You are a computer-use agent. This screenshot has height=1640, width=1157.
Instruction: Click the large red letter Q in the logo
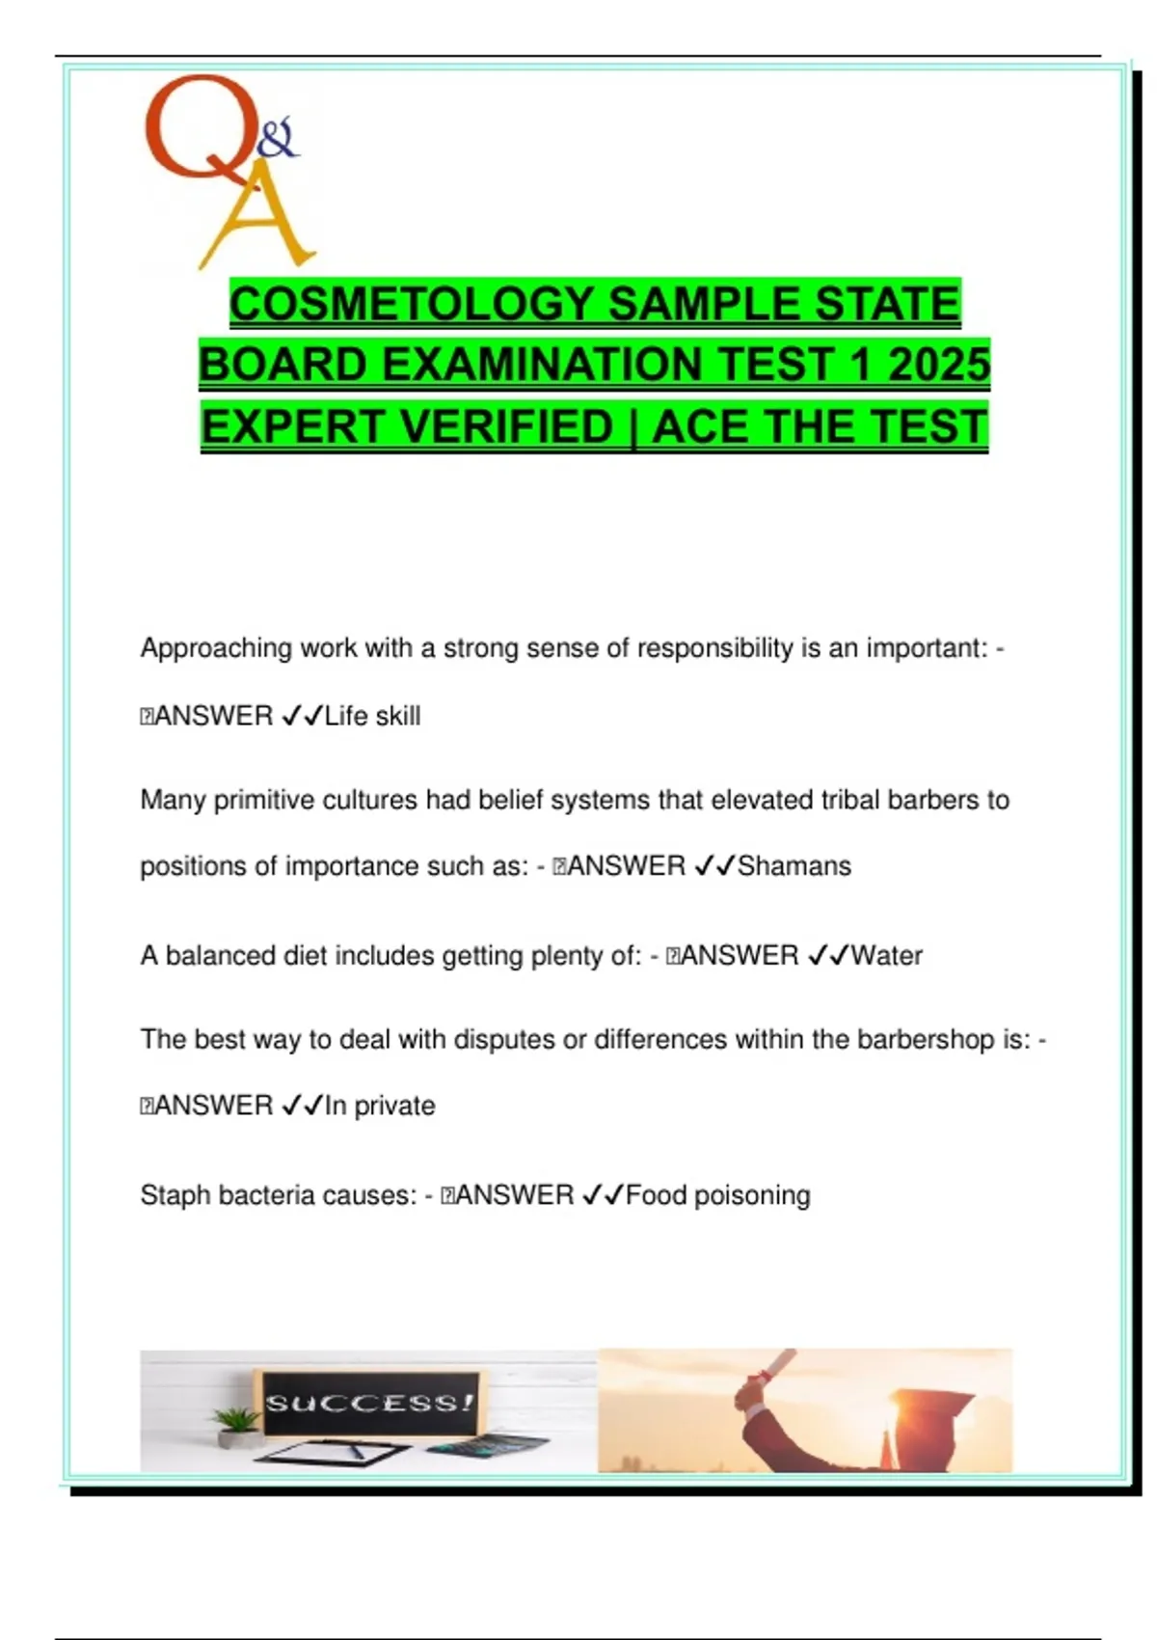193,130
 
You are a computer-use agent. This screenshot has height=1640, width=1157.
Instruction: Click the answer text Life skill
372,716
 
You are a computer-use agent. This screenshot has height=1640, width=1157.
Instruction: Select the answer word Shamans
794,866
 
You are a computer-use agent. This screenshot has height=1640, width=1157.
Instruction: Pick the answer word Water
887,956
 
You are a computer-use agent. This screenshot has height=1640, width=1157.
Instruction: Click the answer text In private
380,1106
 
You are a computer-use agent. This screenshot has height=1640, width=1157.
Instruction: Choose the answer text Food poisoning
718,1195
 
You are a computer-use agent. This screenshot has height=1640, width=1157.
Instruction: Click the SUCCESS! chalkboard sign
370,1402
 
